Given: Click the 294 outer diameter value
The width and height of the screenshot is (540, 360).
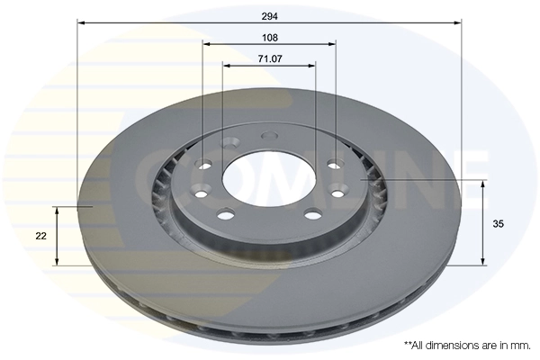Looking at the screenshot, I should click(269, 15).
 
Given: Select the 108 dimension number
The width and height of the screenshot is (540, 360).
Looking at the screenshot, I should click(269, 37).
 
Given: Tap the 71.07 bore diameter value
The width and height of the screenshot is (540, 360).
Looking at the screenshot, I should click(269, 58).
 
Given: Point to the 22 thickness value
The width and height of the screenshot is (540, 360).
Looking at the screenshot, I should click(40, 236).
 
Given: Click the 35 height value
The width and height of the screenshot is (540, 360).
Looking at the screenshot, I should click(499, 224).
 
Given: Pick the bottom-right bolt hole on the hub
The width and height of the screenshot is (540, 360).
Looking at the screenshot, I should click(312, 214).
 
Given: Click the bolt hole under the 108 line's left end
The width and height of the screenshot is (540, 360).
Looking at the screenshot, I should click(203, 164).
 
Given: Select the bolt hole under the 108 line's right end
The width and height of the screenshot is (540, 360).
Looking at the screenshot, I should click(335, 164).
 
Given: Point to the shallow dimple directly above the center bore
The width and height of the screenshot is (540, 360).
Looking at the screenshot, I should click(265, 136).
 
